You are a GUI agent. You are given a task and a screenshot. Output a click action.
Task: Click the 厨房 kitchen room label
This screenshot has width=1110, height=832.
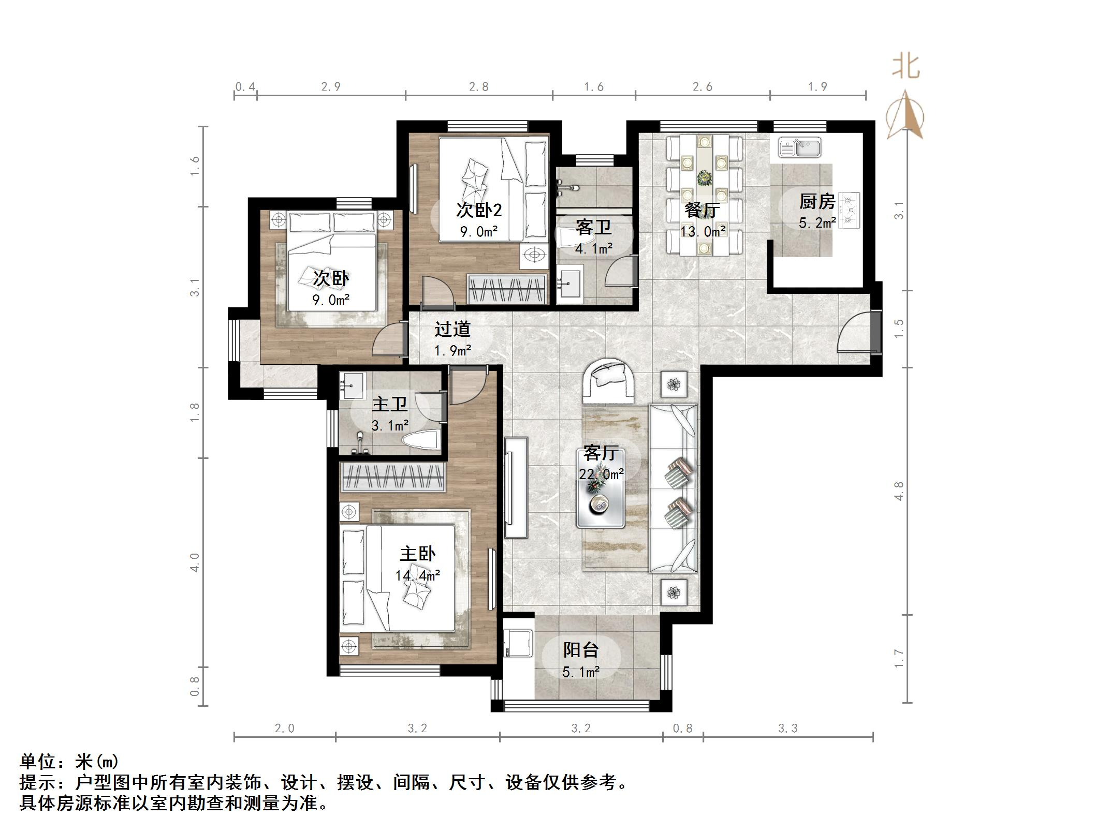(x=817, y=201)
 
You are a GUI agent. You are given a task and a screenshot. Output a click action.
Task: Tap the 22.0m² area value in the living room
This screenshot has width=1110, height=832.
(x=601, y=474)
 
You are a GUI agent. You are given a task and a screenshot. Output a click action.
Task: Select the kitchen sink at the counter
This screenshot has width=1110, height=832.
(x=800, y=147)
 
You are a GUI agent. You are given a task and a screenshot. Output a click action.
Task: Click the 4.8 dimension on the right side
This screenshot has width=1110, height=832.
(x=899, y=491)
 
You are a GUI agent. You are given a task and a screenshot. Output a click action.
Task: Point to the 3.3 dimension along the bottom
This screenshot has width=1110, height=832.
(x=787, y=729)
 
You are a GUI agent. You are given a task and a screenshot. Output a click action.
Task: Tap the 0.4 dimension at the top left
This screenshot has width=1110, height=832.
(x=245, y=87)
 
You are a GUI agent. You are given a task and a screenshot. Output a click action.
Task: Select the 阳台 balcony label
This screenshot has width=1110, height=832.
(x=581, y=650)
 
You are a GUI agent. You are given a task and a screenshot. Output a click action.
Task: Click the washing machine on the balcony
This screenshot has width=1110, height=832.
(x=519, y=643)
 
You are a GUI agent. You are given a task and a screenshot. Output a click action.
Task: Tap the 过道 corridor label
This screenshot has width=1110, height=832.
(x=452, y=329)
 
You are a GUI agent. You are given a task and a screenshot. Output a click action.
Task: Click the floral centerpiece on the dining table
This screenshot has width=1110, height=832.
(x=704, y=179)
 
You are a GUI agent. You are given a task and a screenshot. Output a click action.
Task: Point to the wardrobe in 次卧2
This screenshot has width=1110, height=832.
(x=507, y=289)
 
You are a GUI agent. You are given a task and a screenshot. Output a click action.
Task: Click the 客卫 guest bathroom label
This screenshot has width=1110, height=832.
(x=593, y=227)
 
